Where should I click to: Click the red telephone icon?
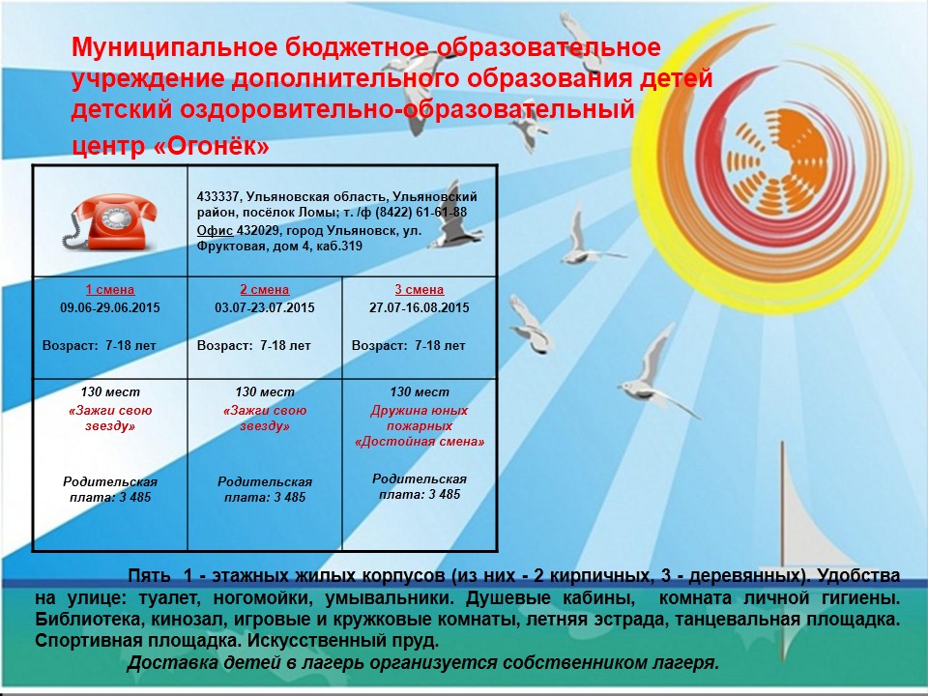pos(110,221)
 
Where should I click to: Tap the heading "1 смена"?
pos(110,290)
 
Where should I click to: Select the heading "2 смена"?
pos(265,290)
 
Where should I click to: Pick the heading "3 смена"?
pos(419,290)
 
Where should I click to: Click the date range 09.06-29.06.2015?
pos(110,307)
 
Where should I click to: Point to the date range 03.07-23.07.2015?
pos(265,307)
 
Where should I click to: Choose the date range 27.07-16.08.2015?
pos(419,307)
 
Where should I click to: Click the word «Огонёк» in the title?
pos(212,146)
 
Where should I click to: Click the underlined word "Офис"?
pos(215,231)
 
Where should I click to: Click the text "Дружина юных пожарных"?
pos(419,419)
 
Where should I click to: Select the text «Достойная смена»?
pos(419,442)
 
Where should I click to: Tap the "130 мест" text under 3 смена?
pos(419,391)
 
